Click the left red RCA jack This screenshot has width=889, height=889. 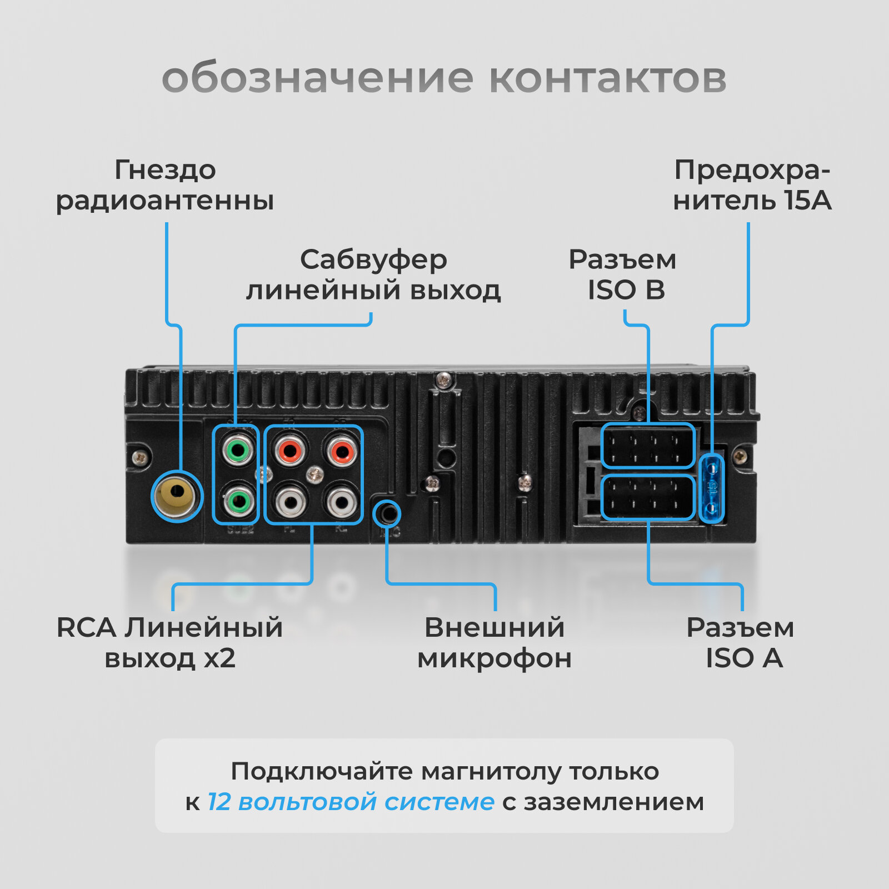click(x=289, y=450)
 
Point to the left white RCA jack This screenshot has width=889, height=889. click(x=289, y=501)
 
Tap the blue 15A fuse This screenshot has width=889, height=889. click(x=712, y=488)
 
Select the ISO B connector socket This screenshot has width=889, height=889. click(x=648, y=446)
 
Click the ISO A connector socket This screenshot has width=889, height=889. click(x=648, y=497)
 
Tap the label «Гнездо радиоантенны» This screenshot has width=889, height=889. click(x=165, y=185)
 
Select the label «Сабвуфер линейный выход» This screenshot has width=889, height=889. click(x=373, y=274)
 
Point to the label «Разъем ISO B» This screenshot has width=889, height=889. click(x=623, y=274)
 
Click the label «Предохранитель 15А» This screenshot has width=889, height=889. click(x=752, y=185)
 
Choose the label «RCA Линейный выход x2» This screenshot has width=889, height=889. click(x=170, y=643)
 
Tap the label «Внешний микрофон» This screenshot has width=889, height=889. click(x=495, y=643)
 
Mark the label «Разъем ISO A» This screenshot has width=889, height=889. click(x=741, y=643)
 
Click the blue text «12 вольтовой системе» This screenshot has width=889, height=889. click(x=351, y=802)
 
